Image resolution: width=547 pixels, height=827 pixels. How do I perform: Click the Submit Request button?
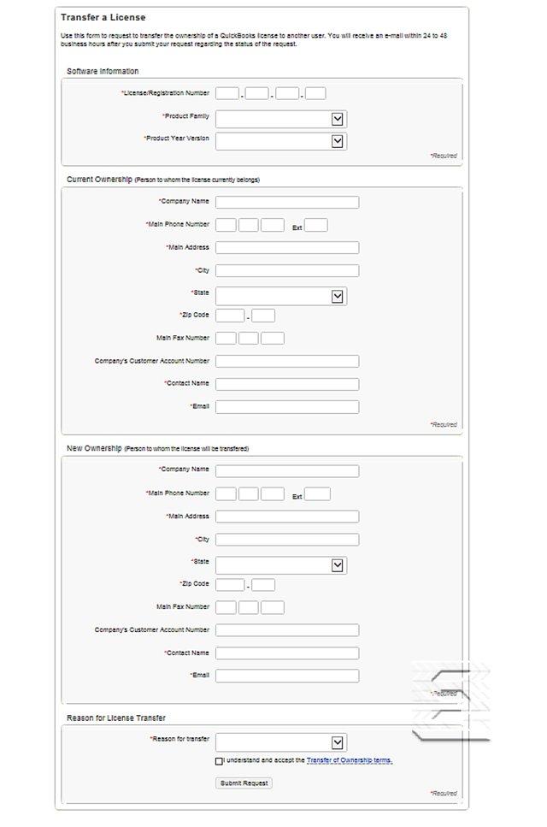244,783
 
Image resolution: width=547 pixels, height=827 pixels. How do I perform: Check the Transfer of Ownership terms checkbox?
219,760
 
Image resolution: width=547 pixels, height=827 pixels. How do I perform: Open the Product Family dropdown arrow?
338,119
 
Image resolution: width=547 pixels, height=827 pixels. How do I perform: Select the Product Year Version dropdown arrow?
338,141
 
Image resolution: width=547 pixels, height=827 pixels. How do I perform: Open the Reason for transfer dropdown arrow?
338,742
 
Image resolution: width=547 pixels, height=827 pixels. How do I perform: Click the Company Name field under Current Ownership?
287,203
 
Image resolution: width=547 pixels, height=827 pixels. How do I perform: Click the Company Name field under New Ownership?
287,471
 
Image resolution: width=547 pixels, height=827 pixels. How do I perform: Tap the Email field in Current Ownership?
287,406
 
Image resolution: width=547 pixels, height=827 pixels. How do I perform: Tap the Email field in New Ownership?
287,676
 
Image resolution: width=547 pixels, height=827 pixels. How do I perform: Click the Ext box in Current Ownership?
316,226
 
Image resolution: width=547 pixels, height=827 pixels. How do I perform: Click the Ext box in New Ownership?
317,494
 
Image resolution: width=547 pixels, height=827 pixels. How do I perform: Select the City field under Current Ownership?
287,270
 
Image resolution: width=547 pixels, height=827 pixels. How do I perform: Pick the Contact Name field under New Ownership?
287,653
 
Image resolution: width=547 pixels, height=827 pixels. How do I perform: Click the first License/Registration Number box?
227,93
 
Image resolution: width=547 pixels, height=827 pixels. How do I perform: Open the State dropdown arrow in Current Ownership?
338,296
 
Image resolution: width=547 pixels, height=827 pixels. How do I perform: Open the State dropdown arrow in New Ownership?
338,565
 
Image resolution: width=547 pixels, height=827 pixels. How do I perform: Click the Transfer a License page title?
103,17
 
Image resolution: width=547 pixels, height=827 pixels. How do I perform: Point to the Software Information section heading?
103,71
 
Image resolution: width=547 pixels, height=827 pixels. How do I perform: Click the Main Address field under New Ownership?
287,517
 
